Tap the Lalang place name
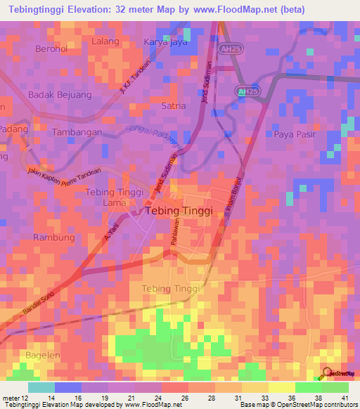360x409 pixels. click(x=105, y=41)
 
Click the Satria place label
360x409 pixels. click(x=174, y=105)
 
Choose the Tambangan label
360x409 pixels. click(x=77, y=131)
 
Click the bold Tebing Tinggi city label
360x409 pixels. click(x=174, y=210)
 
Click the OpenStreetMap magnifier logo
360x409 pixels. click(x=328, y=373)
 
